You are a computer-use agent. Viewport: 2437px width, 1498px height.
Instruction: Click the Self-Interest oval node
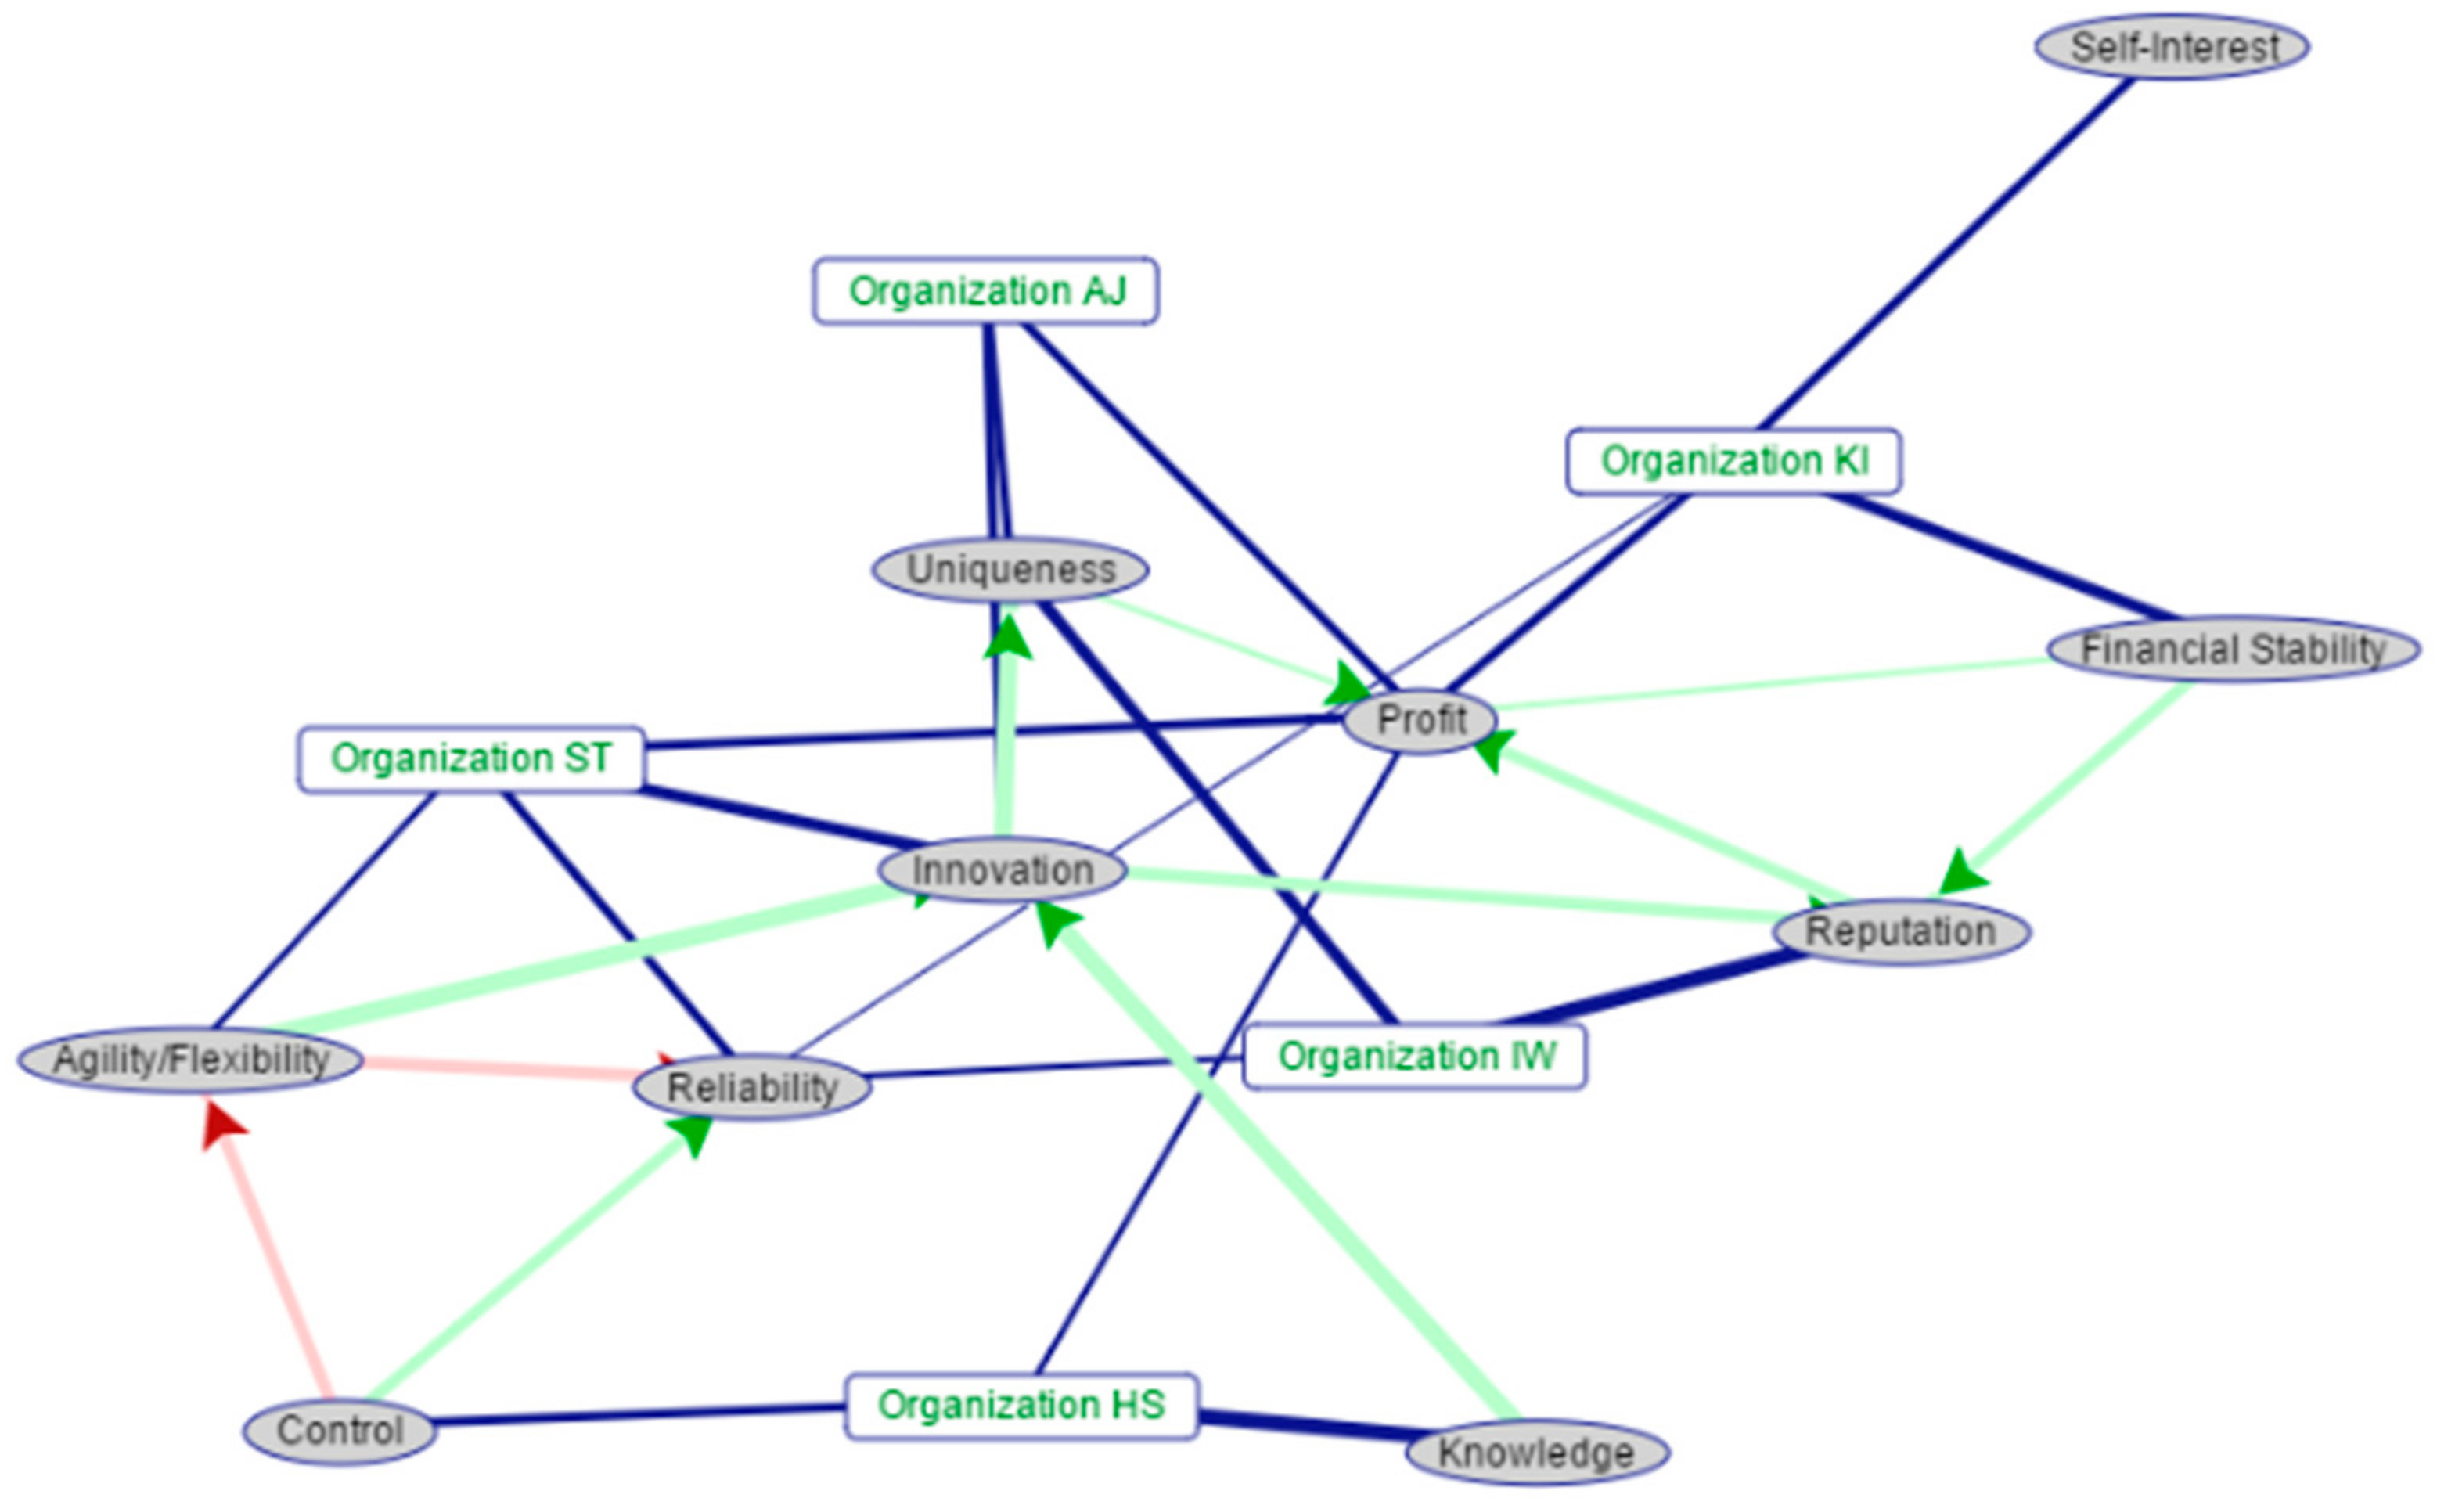[x=2172, y=46]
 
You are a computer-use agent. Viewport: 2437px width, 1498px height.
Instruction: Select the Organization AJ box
[x=986, y=291]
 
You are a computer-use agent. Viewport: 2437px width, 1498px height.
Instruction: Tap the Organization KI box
[x=1733, y=461]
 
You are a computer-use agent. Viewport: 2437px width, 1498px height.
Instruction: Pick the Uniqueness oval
[x=1010, y=570]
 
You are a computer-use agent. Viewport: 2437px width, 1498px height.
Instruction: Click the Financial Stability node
[x=2233, y=650]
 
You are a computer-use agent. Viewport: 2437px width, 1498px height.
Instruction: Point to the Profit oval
[x=1420, y=720]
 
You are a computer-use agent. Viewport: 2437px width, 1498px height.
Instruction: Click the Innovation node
[x=1003, y=871]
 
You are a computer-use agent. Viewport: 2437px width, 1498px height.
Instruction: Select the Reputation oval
[x=1901, y=932]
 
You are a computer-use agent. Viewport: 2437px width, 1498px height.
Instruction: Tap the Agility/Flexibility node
[x=190, y=1059]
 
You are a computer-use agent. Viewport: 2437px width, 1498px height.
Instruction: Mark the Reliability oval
[x=753, y=1087]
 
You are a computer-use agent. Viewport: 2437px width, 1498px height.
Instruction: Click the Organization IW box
[x=1415, y=1057]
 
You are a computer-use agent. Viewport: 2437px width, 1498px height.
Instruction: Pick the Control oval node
[x=340, y=1431]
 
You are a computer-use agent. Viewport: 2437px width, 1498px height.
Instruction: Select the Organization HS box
[x=1021, y=1405]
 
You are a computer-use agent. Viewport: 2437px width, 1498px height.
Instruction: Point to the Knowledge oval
[x=1536, y=1453]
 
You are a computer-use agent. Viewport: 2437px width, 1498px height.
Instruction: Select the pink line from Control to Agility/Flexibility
[x=277, y=1268]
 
